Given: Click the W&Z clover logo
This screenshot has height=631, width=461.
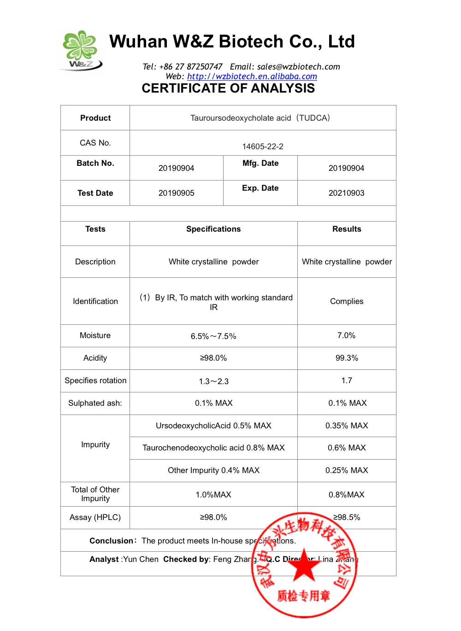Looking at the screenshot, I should pos(81,50).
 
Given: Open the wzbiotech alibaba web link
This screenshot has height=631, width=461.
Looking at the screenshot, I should pos(252,76).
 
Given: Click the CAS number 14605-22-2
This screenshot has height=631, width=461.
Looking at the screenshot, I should pos(263,146).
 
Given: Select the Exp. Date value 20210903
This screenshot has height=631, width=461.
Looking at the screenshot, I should pos(346,193).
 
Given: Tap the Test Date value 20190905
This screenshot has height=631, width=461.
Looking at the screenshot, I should pos(176,193).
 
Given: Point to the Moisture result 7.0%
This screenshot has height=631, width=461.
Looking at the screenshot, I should pos(346,335).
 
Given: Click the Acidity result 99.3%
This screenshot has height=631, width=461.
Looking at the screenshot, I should pos(347,358).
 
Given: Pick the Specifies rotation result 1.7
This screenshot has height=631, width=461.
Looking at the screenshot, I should pos(347,380).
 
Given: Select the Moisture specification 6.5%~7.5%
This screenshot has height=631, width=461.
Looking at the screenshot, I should pos(213,336).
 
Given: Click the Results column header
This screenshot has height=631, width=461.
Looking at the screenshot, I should pos(347,229).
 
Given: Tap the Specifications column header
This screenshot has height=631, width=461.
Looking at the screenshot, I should pos(213,229).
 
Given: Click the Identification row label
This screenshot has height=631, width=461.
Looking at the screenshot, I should pos(95,301).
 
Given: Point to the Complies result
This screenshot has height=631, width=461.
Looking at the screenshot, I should pos(347,301).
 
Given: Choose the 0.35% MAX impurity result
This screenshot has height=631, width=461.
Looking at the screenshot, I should pos(347,426).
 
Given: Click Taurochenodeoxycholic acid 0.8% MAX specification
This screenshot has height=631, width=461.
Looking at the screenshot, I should pos(213,448).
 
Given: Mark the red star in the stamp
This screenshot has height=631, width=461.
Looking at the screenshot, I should pos(304,566).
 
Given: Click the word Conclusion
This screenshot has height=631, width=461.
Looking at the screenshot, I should pos(111,541).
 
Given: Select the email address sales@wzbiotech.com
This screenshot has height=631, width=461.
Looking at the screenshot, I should pos(298,67).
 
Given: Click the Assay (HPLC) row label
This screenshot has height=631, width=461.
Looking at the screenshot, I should pos(95,517).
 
